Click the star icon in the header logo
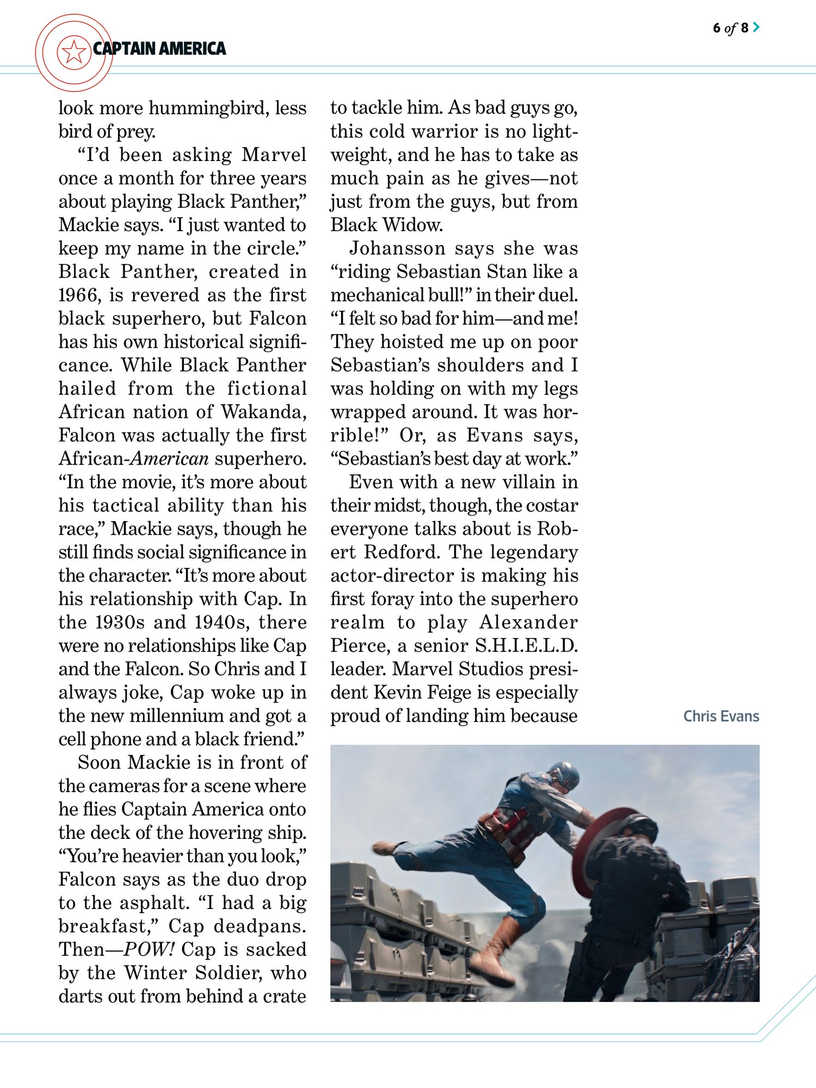coord(73,52)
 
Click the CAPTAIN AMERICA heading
coord(159,49)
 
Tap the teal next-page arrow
coord(756,27)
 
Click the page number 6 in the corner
coord(716,28)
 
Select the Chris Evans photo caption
coord(721,716)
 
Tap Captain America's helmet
coord(564,775)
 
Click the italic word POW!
coord(149,949)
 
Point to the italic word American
coord(170,459)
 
